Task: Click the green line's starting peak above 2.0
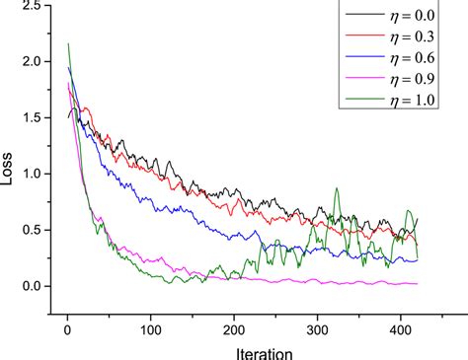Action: tap(67, 43)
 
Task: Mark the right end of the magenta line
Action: tap(417, 283)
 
